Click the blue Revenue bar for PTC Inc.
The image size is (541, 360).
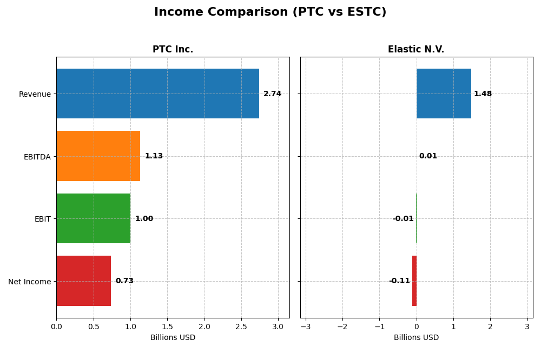click(x=157, y=94)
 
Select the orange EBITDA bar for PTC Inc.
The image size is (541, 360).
click(x=98, y=156)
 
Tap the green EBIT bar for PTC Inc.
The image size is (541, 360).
click(x=93, y=218)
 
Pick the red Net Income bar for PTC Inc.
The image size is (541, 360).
click(x=83, y=281)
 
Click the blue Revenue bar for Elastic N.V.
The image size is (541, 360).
click(x=444, y=94)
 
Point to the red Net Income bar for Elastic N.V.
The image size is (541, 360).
click(x=414, y=281)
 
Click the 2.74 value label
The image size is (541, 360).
click(x=272, y=94)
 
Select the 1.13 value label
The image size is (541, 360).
click(x=154, y=156)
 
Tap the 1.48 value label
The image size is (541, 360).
click(x=483, y=94)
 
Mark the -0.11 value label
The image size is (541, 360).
click(x=399, y=281)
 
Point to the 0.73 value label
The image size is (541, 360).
click(x=124, y=281)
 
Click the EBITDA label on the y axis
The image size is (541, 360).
click(x=37, y=157)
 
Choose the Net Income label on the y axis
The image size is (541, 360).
click(x=30, y=282)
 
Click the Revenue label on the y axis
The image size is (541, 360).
click(x=35, y=95)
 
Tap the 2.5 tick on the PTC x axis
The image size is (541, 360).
click(x=241, y=327)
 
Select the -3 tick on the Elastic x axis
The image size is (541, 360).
click(x=306, y=327)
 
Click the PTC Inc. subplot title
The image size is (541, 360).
click(x=173, y=50)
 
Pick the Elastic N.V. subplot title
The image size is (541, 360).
click(x=416, y=50)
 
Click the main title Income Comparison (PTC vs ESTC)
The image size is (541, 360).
click(x=270, y=12)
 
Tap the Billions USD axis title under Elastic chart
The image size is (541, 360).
click(x=416, y=338)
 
